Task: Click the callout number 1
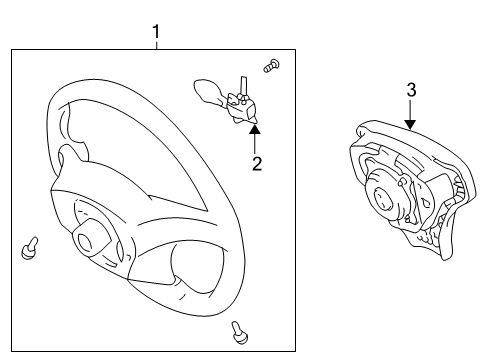156,32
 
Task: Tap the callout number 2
257,163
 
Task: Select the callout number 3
412,90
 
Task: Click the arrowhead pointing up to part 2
255,129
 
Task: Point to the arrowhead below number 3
411,125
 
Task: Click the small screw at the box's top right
271,65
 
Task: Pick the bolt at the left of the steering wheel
29,248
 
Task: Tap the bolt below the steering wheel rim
239,332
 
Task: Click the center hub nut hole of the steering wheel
84,241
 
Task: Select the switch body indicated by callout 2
241,108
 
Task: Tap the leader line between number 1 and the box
156,45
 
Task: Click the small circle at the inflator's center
383,199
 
